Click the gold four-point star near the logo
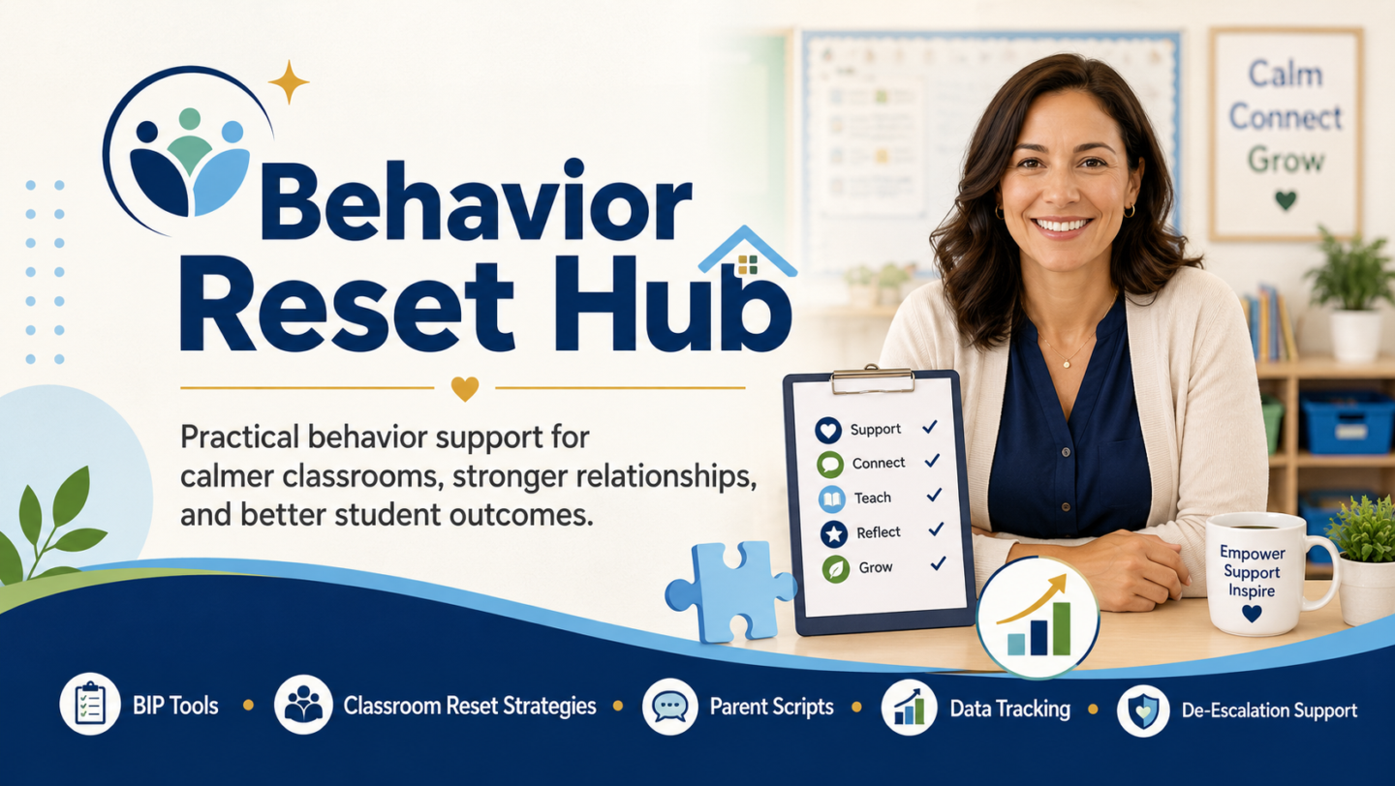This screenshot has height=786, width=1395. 289,82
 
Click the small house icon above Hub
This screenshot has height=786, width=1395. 747,252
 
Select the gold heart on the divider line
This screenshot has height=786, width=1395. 465,389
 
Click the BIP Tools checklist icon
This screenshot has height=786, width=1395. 90,705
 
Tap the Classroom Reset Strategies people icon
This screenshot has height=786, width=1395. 303,705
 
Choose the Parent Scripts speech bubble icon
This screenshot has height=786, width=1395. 670,707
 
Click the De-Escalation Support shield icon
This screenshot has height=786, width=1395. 1143,710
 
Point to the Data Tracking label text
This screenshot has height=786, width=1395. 1010,709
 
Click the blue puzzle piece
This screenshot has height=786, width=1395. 729,591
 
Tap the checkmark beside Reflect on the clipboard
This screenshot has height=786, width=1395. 936,529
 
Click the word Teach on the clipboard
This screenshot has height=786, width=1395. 873,498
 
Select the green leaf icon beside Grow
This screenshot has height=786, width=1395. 835,569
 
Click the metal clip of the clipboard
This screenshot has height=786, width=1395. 873,379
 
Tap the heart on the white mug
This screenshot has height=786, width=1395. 1252,614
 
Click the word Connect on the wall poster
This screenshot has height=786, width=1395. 1286,117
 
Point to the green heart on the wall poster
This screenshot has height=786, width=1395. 1286,199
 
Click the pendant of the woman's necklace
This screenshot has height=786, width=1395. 1067,363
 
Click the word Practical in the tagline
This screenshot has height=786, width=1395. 239,438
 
